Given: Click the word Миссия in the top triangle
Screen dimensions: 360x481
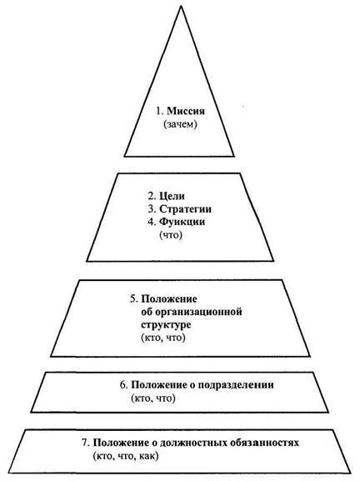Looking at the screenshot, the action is [186, 111].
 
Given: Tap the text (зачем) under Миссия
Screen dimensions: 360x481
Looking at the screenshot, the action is [180, 124].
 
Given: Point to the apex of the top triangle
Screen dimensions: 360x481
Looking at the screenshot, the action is [181, 6].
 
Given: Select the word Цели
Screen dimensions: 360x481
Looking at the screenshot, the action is [172, 196].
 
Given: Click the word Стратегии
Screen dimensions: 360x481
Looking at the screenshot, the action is [185, 209].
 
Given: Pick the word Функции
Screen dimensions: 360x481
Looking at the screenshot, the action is [182, 222].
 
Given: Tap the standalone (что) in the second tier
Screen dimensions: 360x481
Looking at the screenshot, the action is [171, 235].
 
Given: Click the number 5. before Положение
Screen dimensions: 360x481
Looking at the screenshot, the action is [133, 298].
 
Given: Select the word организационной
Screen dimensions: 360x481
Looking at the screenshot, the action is [198, 312].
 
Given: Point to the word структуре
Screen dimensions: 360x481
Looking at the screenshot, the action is [166, 324].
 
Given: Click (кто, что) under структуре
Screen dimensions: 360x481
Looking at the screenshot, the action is [163, 338].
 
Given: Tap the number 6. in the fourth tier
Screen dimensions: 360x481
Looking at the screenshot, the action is [123, 385].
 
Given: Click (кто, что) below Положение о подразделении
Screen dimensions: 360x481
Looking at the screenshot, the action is [153, 398].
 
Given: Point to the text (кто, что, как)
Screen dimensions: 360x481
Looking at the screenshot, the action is [126, 456].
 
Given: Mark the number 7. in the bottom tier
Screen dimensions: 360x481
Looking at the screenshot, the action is [86, 443].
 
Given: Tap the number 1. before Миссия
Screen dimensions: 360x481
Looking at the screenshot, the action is [160, 111].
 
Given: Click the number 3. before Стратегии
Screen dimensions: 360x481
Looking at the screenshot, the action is [152, 209].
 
